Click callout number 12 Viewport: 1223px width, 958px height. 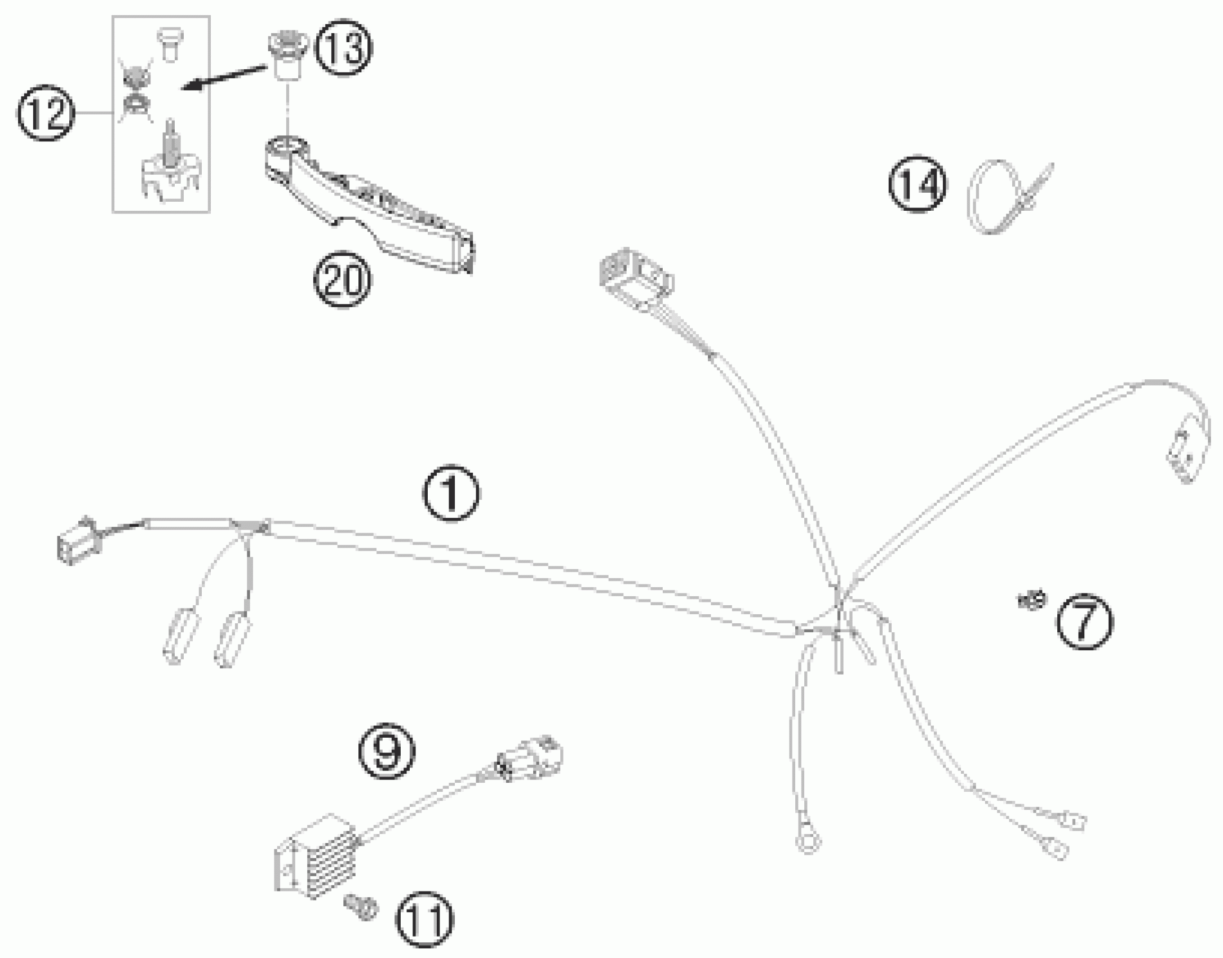tap(46, 113)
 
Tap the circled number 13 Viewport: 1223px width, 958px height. tap(344, 48)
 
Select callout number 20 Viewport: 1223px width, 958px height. tap(343, 279)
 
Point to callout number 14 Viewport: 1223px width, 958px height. tap(918, 184)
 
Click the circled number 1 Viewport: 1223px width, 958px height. tap(451, 493)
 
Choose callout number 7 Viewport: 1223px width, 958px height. tap(1084, 622)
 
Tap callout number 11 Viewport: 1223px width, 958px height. tap(424, 920)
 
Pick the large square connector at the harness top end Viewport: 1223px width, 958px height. tap(635, 279)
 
